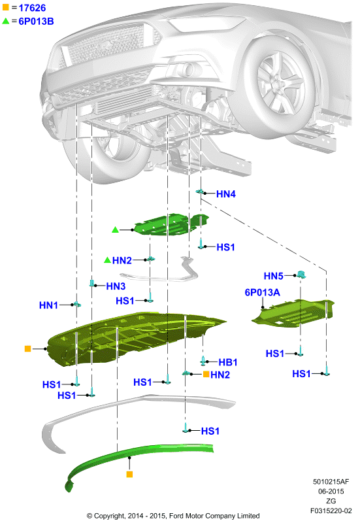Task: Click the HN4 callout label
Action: click(x=225, y=194)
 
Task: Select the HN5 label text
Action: click(x=273, y=276)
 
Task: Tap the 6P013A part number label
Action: click(x=263, y=292)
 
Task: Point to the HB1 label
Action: click(x=228, y=362)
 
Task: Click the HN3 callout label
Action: click(x=116, y=286)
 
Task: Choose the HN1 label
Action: click(x=48, y=305)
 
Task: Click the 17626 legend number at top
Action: click(x=32, y=8)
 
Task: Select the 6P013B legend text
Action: click(x=36, y=22)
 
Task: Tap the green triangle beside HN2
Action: click(x=107, y=260)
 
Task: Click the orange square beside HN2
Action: click(x=206, y=374)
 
